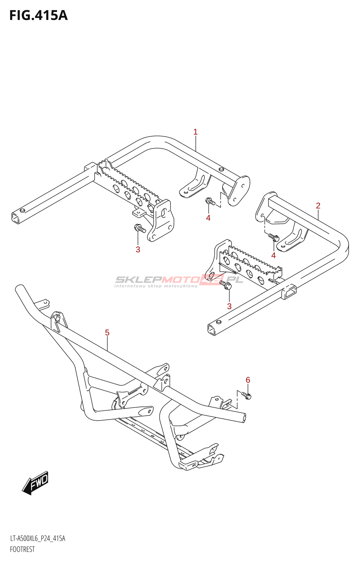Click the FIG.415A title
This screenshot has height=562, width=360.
[38, 15]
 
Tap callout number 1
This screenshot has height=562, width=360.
[195, 132]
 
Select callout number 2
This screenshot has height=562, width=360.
[318, 205]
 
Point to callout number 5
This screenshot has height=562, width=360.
[107, 332]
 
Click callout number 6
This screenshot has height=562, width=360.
[248, 380]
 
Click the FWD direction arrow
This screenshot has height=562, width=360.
[36, 483]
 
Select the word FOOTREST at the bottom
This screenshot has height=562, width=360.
[22, 549]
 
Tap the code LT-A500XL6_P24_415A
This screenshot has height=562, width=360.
[38, 538]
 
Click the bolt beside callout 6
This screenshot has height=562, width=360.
[247, 396]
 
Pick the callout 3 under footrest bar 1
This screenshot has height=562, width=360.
[138, 249]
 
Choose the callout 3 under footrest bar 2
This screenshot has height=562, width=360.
[229, 306]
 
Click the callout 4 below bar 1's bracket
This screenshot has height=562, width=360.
[208, 218]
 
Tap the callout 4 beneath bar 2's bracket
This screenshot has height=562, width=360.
[274, 255]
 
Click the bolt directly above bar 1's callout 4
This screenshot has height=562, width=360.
[210, 202]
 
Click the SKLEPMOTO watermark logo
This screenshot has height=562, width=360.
[179, 280]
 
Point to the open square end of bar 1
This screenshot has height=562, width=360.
[16, 218]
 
